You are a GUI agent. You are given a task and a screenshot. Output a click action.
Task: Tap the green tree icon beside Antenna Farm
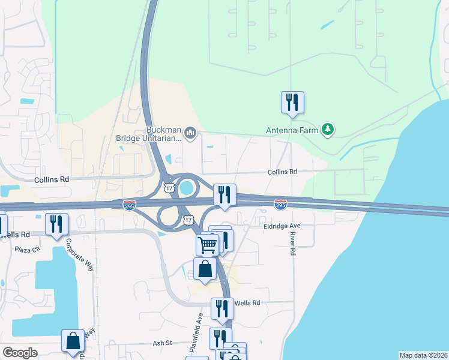point(328,129)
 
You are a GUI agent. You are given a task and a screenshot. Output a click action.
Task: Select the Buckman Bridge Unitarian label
point(148,134)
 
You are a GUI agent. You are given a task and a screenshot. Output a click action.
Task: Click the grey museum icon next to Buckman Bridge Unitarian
point(190,133)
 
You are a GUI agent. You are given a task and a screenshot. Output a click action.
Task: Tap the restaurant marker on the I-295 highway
point(224,195)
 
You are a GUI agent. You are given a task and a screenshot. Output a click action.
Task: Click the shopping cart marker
point(207,244)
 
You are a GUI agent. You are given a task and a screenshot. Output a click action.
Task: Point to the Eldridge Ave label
point(282,226)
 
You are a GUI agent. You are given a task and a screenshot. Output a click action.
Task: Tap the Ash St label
point(163,343)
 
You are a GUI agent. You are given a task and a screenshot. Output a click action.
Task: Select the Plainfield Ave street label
point(201,323)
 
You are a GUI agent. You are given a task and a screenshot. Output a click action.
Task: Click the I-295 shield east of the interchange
point(280,205)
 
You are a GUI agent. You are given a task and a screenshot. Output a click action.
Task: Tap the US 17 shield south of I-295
point(188,220)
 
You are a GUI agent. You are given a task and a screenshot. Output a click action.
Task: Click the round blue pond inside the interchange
point(187,188)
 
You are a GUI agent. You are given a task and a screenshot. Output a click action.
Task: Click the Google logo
point(20,353)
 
